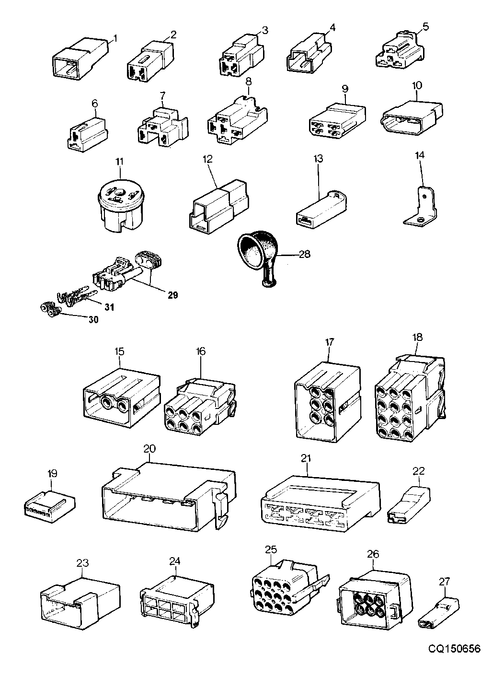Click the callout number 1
[115, 39]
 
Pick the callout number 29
[172, 295]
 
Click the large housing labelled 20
[169, 497]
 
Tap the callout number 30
[93, 320]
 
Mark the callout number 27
[444, 581]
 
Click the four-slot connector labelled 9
[337, 120]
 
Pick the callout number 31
[109, 307]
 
